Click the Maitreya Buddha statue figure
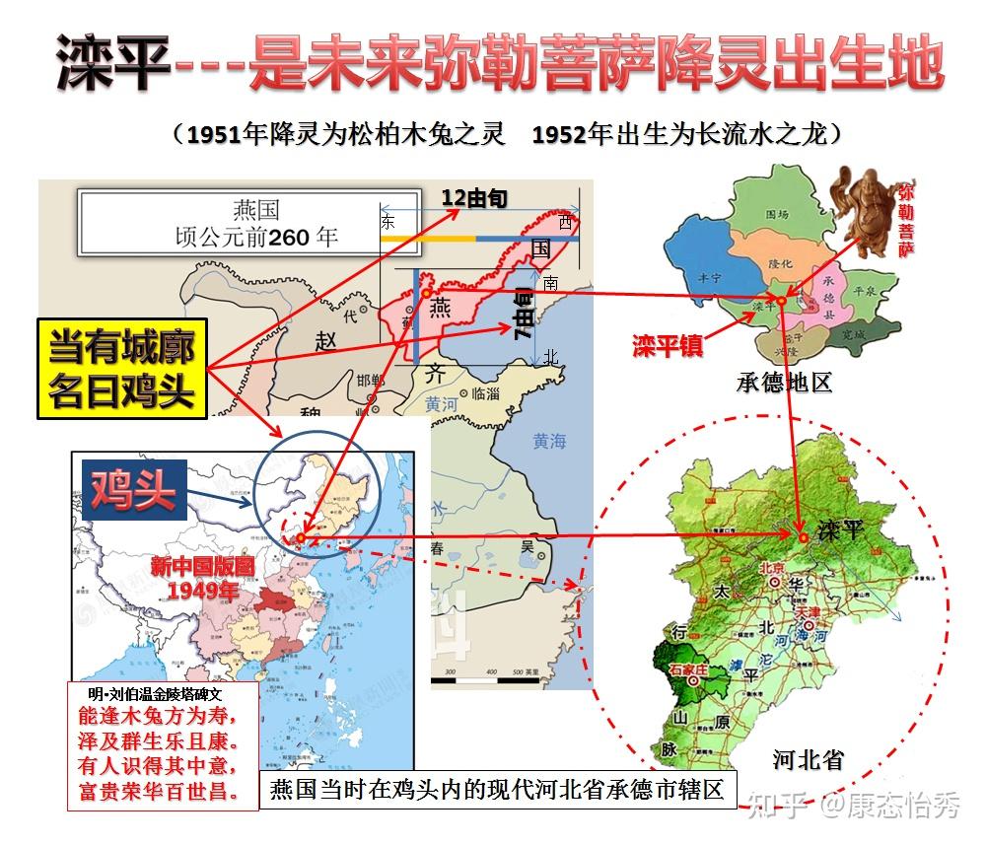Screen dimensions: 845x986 864,212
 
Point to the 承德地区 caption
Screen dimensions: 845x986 785,383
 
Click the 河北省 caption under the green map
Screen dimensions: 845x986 808,760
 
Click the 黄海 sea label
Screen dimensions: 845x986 549,442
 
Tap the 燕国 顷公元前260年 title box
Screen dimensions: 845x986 256,224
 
